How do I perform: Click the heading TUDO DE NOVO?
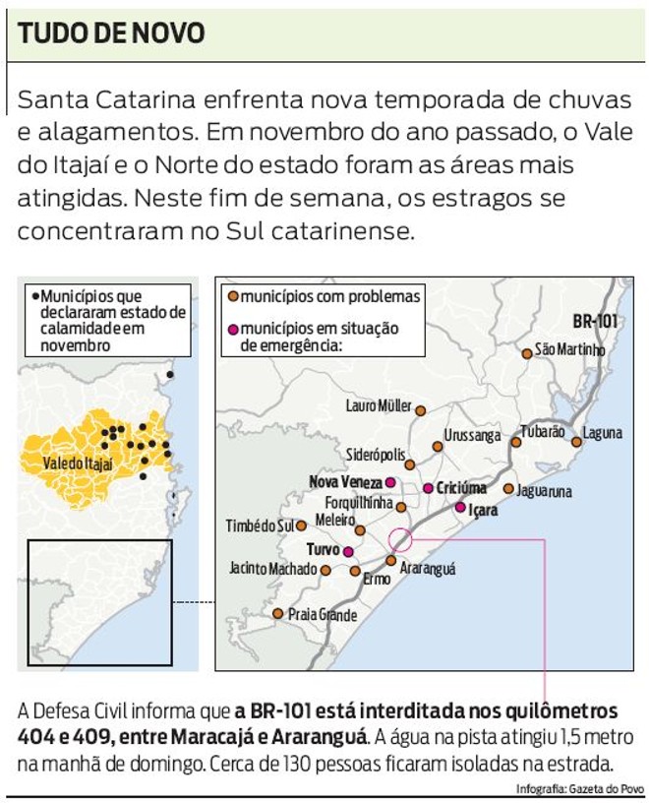(112, 33)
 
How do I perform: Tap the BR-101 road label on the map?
(595, 321)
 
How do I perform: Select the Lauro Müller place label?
(379, 405)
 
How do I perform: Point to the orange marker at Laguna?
(577, 442)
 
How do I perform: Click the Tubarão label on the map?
(542, 431)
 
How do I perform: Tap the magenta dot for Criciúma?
(428, 488)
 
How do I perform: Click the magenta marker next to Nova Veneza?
(390, 482)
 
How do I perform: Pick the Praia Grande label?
(323, 616)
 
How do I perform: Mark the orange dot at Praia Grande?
(278, 614)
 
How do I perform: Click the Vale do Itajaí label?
(80, 463)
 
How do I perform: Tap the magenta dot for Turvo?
(348, 551)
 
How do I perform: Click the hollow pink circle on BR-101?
(400, 539)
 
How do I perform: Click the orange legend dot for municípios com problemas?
(233, 296)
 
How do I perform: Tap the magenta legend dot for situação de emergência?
(233, 329)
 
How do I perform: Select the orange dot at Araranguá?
(390, 561)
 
